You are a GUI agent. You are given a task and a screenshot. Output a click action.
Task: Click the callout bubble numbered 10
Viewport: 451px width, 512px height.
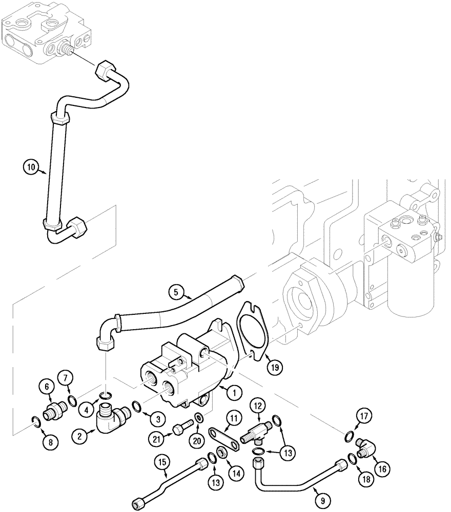pyautogui.click(x=31, y=166)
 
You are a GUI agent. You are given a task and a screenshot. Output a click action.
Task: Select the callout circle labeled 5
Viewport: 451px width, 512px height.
pyautogui.click(x=176, y=293)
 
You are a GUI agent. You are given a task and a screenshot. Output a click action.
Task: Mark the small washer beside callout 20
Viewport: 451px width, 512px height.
pyautogui.click(x=197, y=418)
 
